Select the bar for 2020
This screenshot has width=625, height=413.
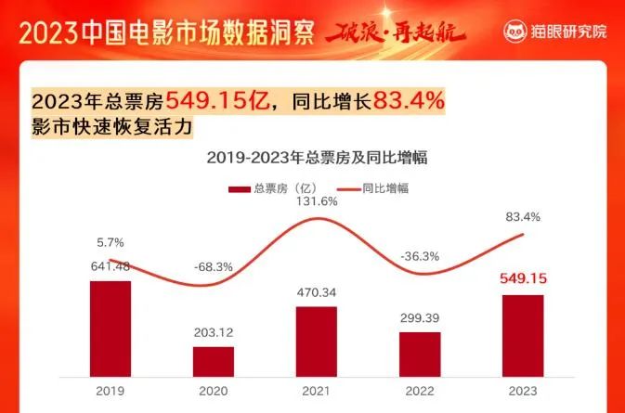click(x=214, y=361)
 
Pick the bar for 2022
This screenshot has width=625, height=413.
click(x=420, y=353)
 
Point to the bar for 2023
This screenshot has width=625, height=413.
click(x=523, y=335)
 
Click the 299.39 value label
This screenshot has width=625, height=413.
click(x=420, y=318)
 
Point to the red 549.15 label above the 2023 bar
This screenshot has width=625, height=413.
click(x=523, y=278)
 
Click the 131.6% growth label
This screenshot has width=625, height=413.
click(x=317, y=200)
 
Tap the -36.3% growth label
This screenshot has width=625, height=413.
click(x=420, y=255)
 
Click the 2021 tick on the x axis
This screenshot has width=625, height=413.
click(x=317, y=390)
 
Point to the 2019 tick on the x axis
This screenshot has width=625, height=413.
click(x=111, y=390)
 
